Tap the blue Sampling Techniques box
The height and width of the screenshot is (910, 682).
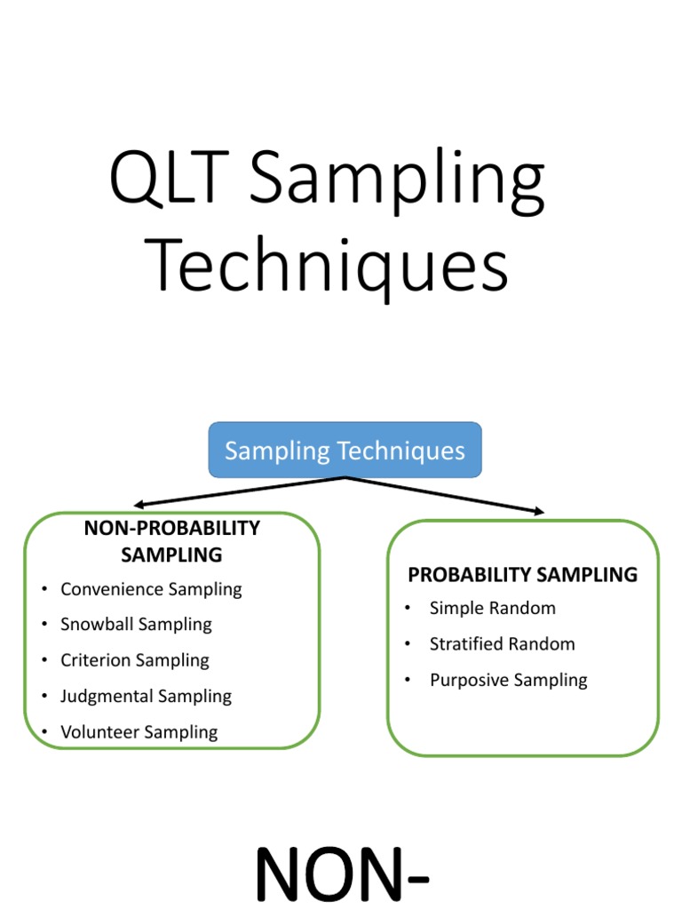click(345, 451)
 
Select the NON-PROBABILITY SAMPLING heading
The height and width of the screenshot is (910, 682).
click(171, 541)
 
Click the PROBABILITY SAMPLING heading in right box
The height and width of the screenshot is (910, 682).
click(522, 575)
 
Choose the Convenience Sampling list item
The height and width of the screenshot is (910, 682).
click(151, 589)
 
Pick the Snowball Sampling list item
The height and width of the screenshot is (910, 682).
click(136, 625)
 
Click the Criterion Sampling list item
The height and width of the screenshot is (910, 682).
click(135, 660)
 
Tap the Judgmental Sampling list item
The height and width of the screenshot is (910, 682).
click(146, 697)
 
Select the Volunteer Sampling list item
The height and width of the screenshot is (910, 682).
click(139, 732)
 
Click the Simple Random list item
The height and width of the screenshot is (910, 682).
click(492, 609)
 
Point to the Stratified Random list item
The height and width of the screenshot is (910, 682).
click(502, 644)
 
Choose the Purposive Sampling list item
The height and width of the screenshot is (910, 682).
click(508, 681)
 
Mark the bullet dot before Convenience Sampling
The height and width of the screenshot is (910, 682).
click(44, 590)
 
